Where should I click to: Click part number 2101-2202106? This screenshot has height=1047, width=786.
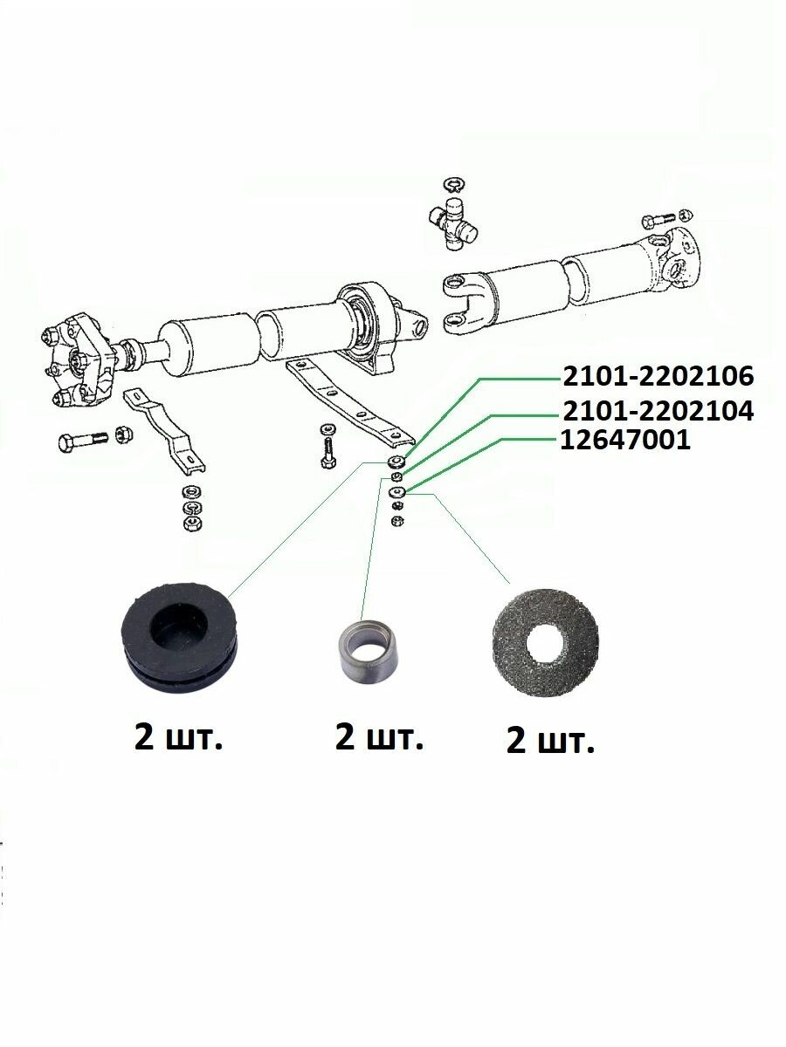pyautogui.click(x=658, y=376)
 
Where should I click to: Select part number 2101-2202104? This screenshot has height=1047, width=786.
pyautogui.click(x=658, y=411)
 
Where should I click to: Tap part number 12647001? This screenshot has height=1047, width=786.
pyautogui.click(x=625, y=440)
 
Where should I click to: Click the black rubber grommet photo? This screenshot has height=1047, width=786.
pyautogui.click(x=178, y=636)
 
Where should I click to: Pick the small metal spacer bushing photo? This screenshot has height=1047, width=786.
pyautogui.click(x=367, y=650)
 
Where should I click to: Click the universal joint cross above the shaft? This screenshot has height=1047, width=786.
pyautogui.click(x=453, y=222)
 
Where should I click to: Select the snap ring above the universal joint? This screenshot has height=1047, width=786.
pyautogui.click(x=455, y=184)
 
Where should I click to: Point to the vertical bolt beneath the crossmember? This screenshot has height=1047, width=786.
pyautogui.click(x=327, y=446)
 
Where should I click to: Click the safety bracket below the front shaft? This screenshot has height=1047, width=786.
pyautogui.click(x=165, y=431)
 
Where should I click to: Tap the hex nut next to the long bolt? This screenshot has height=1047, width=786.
pyautogui.click(x=125, y=434)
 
